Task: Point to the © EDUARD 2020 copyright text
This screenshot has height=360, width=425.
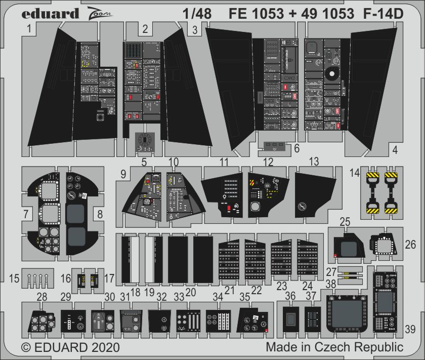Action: tap(70, 348)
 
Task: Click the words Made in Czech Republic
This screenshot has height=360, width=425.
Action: tap(334, 348)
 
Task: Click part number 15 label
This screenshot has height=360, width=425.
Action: tap(15, 278)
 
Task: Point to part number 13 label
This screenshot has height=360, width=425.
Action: tap(314, 162)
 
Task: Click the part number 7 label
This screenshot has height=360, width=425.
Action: tap(25, 214)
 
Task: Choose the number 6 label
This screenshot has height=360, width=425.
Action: tap(296, 148)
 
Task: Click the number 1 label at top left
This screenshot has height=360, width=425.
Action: tap(30, 30)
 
